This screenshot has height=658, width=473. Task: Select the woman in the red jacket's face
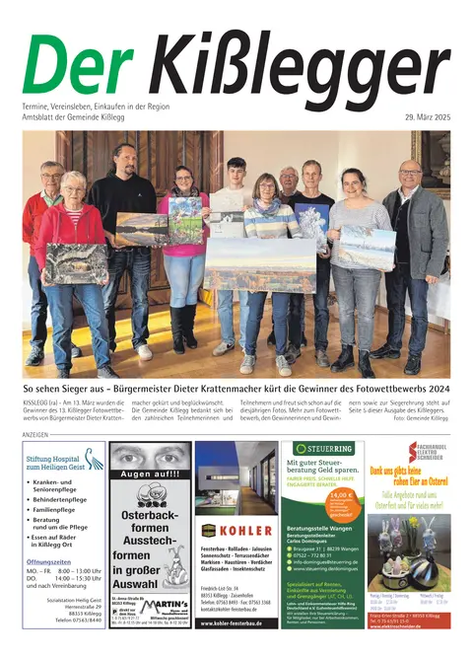click(x=74, y=187)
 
